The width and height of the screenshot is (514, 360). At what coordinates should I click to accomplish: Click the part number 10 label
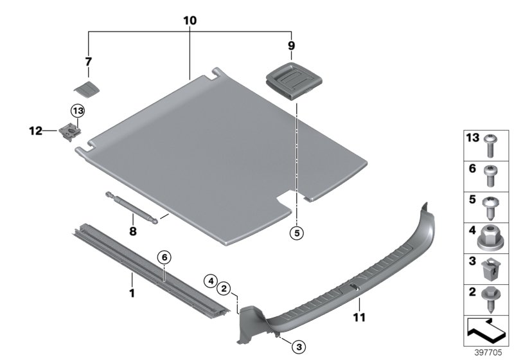click(x=190, y=21)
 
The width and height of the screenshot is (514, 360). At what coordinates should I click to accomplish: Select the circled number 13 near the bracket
click(x=78, y=111)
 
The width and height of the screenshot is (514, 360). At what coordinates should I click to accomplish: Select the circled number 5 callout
click(x=296, y=233)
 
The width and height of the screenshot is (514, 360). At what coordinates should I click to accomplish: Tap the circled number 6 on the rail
click(x=164, y=257)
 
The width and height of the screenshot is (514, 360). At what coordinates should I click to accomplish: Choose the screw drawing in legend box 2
click(x=491, y=300)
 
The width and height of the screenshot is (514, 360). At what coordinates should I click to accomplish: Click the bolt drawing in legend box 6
click(x=491, y=175)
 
